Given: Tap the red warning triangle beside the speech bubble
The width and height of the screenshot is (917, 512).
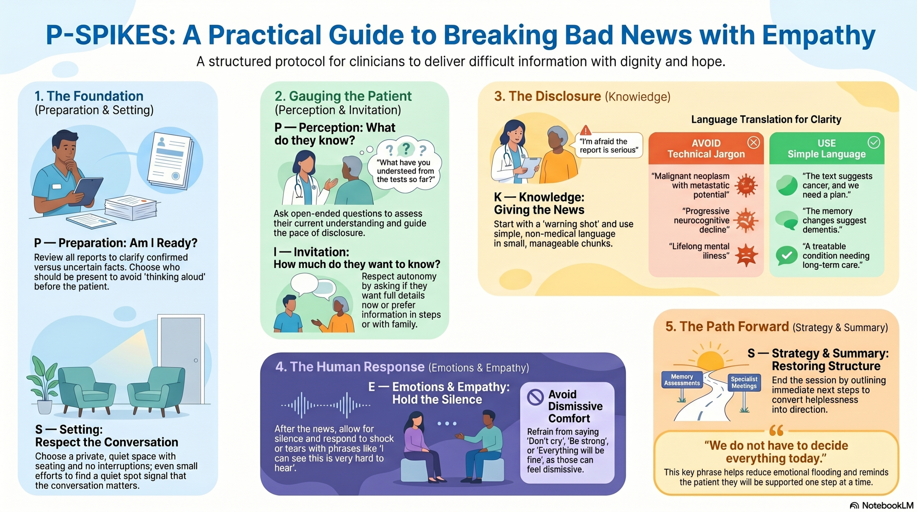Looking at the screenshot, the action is click(x=586, y=130).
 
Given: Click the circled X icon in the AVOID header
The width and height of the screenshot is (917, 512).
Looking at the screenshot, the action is click(x=754, y=143).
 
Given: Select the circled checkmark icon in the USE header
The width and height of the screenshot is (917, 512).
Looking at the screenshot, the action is click(x=874, y=143).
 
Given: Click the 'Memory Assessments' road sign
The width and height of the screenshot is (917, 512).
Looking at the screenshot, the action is click(x=682, y=380).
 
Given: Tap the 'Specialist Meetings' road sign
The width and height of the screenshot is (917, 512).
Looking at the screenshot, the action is click(x=744, y=383).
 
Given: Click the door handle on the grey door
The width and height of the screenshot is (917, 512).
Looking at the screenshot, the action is click(x=196, y=360).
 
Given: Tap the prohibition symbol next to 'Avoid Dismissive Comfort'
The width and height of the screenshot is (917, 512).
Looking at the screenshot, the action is click(x=536, y=397).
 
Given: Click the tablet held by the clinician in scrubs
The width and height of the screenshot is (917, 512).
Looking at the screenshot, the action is click(x=88, y=192).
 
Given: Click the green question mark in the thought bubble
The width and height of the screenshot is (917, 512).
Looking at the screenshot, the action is click(x=406, y=148).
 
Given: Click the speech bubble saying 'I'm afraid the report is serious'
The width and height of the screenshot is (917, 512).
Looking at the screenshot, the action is click(x=609, y=145).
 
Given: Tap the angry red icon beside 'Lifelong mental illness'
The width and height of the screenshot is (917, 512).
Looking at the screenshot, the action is click(x=746, y=255).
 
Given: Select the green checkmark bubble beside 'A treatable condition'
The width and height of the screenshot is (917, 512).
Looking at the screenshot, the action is click(x=787, y=255).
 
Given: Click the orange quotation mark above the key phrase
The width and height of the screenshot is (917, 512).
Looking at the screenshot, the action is click(x=776, y=430).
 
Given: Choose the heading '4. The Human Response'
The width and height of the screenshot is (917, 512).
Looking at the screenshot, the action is click(x=350, y=367).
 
